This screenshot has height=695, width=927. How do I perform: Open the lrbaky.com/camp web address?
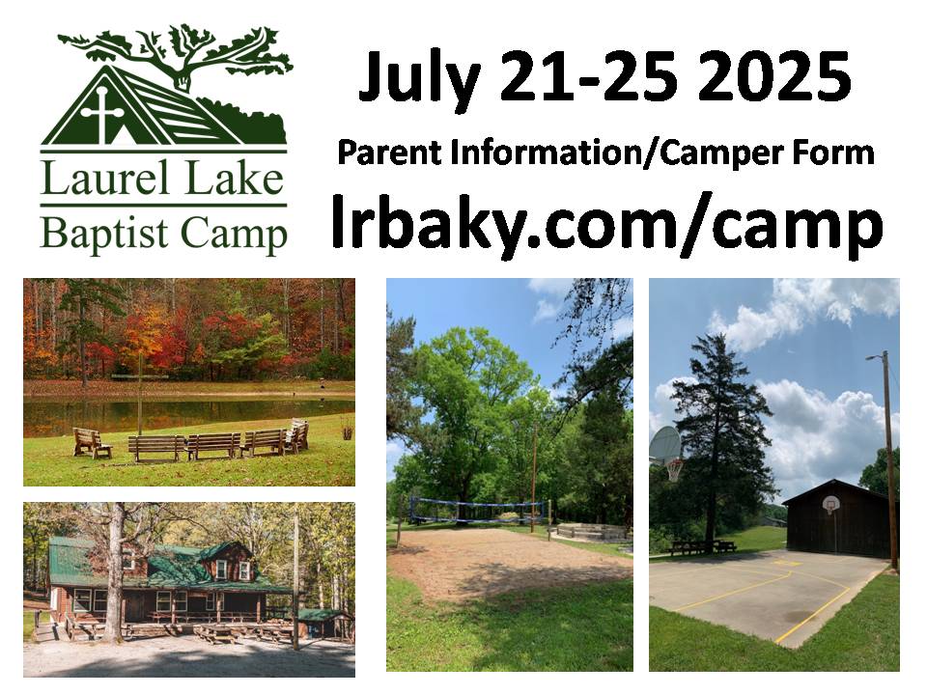click(x=606, y=223)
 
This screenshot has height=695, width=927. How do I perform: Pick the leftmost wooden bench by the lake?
click(x=92, y=443)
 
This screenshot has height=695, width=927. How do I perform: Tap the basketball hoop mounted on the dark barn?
click(x=830, y=505)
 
